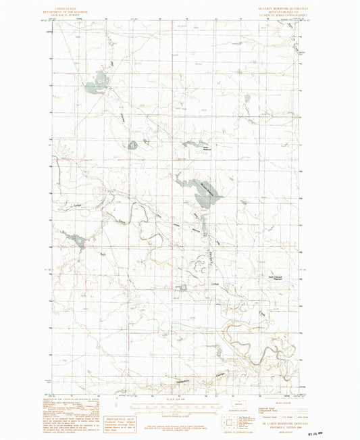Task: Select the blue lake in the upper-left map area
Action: [x=95, y=87]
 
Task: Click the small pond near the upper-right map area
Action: [x=247, y=99]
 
